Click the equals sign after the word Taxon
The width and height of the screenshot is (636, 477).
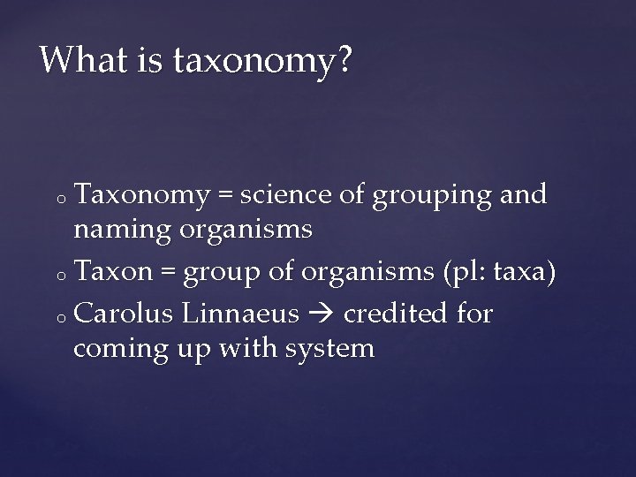click(169, 275)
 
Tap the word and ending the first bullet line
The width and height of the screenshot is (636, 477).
click(523, 195)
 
